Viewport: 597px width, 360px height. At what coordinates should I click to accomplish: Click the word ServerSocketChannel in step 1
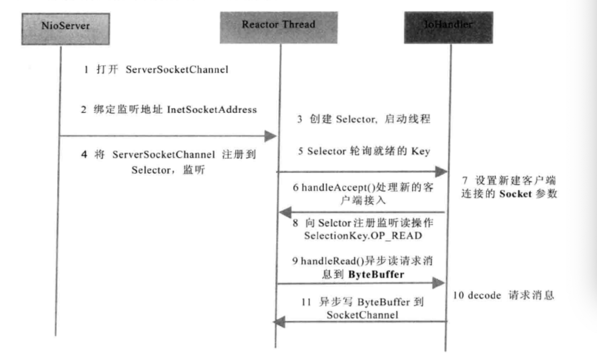(x=177, y=70)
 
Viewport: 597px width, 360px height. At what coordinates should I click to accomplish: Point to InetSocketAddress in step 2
(x=212, y=110)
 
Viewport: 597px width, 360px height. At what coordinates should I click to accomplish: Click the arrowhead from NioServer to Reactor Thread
(x=270, y=136)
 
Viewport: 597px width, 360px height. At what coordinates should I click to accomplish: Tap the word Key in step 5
(x=420, y=151)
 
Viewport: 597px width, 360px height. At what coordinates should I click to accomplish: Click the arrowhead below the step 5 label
(x=441, y=171)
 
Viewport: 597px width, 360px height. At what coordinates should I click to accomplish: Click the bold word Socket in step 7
(x=515, y=194)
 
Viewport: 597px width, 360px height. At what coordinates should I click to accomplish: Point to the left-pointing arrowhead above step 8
(x=286, y=212)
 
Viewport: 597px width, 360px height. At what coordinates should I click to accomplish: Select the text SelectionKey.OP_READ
(x=363, y=236)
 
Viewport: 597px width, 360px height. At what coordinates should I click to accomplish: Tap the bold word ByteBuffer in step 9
(x=376, y=274)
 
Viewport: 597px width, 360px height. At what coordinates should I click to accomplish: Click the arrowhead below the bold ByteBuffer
(x=438, y=283)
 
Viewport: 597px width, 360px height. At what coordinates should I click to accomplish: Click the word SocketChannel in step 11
(x=362, y=315)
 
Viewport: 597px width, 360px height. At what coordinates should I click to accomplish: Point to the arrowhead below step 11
(x=279, y=322)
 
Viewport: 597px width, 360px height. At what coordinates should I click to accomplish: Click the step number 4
(x=84, y=154)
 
